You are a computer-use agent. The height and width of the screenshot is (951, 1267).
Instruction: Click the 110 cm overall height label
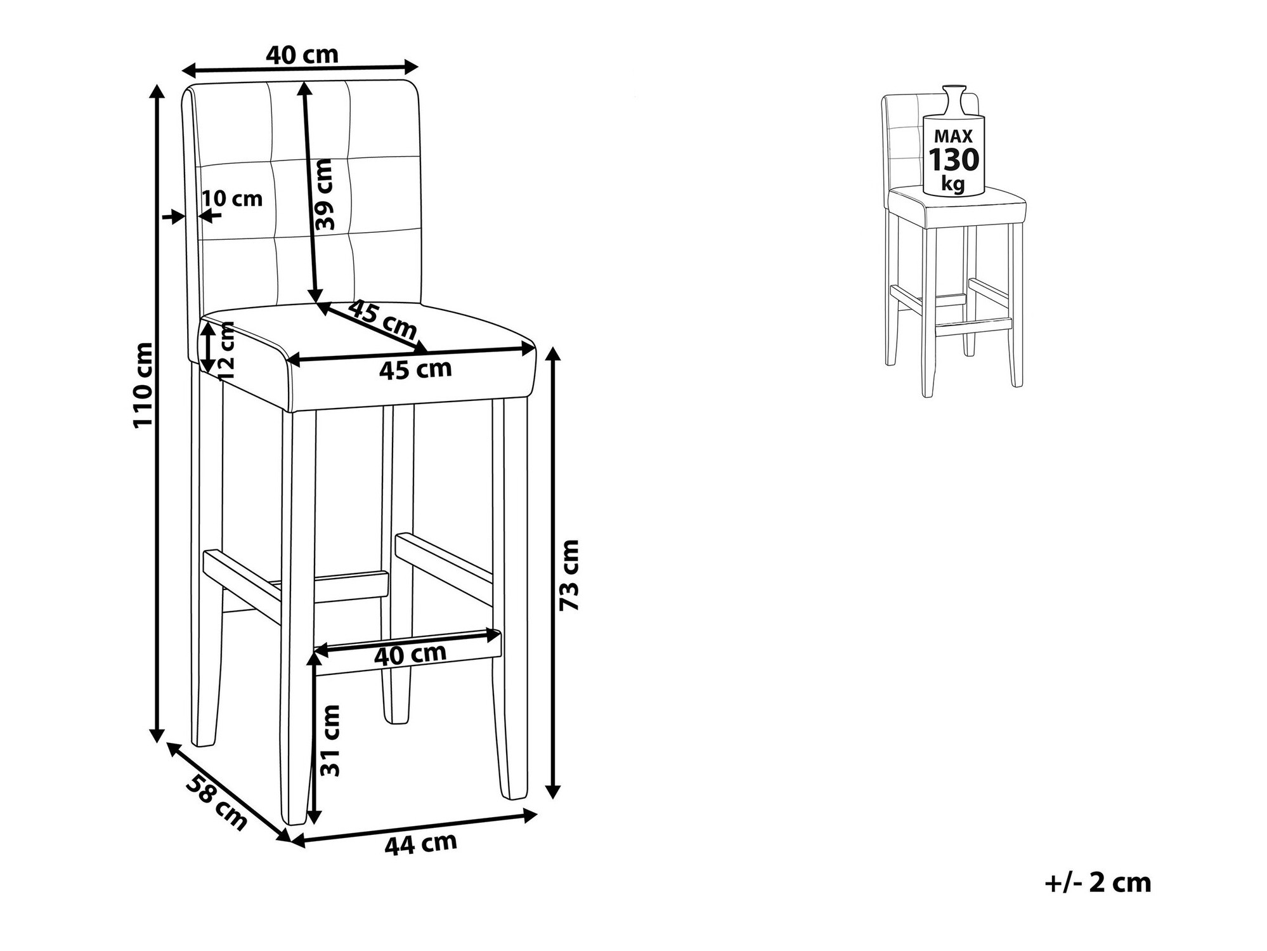[x=144, y=384]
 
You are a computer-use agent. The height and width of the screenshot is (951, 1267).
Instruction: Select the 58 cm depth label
[x=216, y=802]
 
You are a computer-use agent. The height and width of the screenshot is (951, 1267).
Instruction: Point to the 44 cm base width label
[x=420, y=843]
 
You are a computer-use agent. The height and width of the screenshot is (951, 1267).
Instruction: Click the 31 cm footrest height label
[x=330, y=740]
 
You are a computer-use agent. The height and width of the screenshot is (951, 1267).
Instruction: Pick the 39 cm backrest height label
[x=323, y=195]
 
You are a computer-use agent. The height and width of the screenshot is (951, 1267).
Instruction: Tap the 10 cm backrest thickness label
[x=233, y=199]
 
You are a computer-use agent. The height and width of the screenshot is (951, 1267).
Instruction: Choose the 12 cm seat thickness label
[x=225, y=351]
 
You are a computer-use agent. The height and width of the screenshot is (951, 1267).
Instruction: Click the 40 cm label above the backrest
[x=302, y=55]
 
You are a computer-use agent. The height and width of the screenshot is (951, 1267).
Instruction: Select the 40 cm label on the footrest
[x=410, y=653]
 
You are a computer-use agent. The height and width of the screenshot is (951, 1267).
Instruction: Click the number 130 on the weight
[x=954, y=160]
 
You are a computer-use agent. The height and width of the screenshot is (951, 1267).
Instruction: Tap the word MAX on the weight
[x=953, y=136]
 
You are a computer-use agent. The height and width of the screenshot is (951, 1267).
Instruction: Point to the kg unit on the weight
[x=954, y=184]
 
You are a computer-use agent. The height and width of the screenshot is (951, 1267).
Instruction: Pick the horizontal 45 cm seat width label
[x=415, y=369]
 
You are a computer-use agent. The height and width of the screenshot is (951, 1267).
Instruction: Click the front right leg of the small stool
[x=1017, y=305]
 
